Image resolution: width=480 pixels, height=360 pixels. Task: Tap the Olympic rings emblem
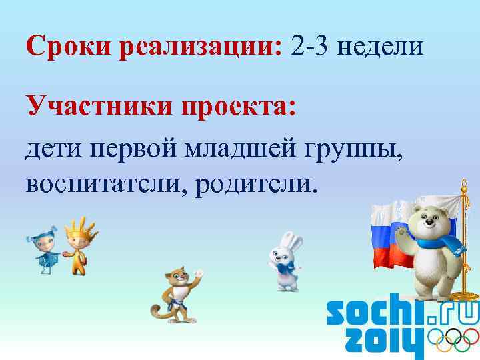(453, 341)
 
